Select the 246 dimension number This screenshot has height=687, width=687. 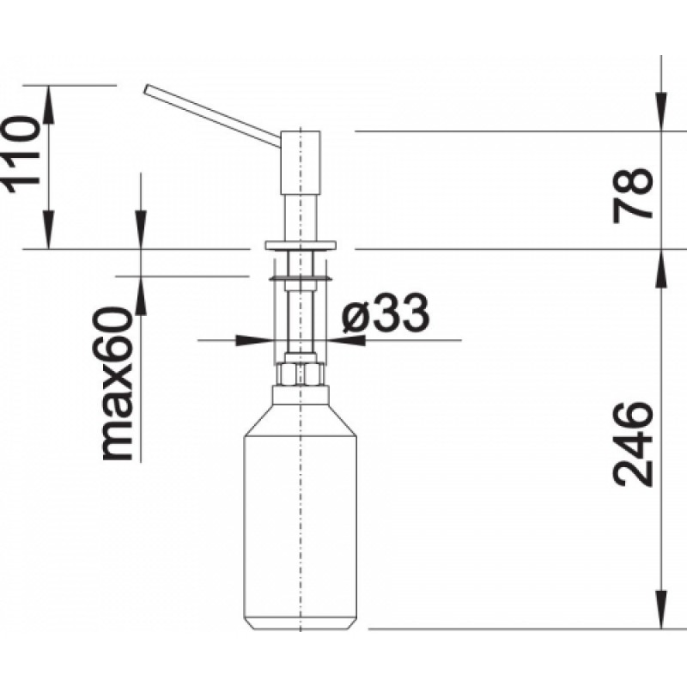click(x=632, y=445)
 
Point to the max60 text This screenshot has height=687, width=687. click(x=116, y=384)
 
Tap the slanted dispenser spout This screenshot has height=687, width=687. click(x=212, y=115)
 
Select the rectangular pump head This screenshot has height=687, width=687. click(x=300, y=162)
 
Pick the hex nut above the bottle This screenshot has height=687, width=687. click(x=300, y=374)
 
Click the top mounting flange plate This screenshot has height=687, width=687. click(x=300, y=245)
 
